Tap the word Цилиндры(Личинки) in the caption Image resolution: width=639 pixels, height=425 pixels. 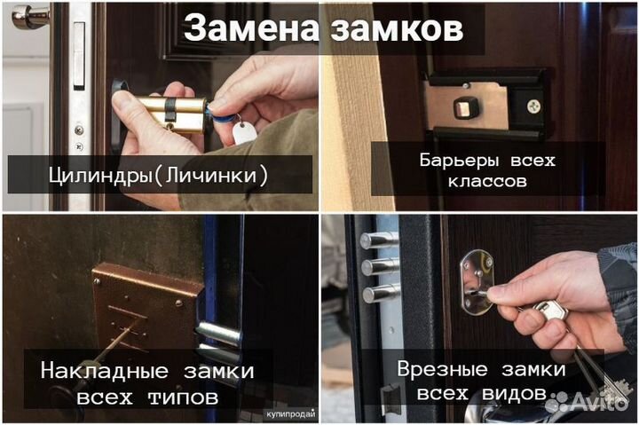coord(160,175)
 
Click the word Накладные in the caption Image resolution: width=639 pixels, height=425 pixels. coord(86,370)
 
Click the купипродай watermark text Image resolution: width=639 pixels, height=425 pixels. coord(290,414)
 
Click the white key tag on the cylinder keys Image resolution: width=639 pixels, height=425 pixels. coord(241,133)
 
